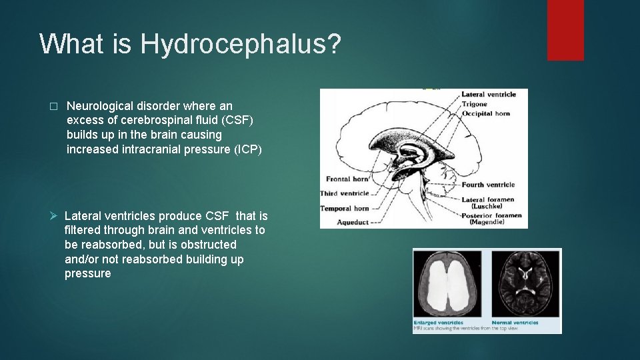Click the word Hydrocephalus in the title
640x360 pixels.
pyautogui.click(x=240, y=44)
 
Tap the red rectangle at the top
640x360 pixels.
pyautogui.click(x=565, y=29)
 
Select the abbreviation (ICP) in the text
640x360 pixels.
pyautogui.click(x=248, y=149)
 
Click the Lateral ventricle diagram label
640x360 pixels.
pyautogui.click(x=489, y=95)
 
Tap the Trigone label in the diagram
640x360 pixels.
pyautogui.click(x=474, y=104)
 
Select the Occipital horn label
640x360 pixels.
pyautogui.click(x=485, y=113)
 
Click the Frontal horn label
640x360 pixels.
pyautogui.click(x=347, y=179)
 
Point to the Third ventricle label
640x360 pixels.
pyautogui.click(x=345, y=193)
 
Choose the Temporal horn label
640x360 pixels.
pyautogui.click(x=345, y=209)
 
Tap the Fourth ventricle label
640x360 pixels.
pyautogui.click(x=488, y=185)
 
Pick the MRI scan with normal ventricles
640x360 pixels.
pyautogui.click(x=525, y=285)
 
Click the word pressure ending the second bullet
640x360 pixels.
pyautogui.click(x=88, y=274)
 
